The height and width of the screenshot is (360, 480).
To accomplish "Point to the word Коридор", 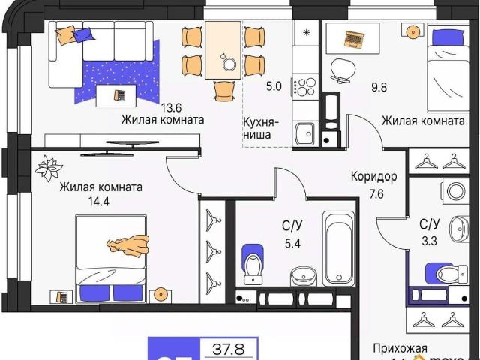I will coord(373,178).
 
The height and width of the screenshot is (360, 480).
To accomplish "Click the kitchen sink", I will coord(304,134).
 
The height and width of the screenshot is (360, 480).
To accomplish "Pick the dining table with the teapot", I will coord(223,49).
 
